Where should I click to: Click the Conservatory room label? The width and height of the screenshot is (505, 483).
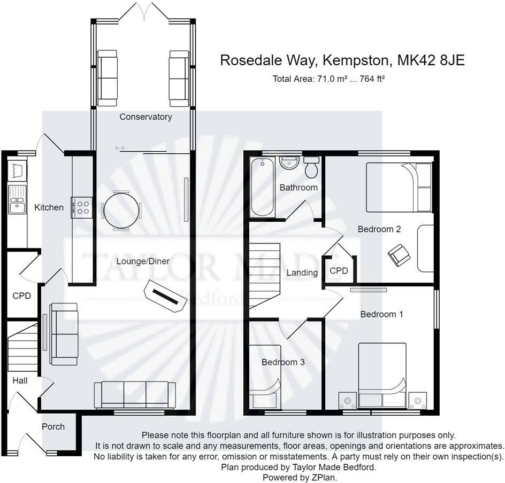tap(146, 116)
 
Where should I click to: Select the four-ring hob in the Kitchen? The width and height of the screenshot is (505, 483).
tap(83, 207)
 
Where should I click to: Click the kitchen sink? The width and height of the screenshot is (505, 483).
tap(17, 205)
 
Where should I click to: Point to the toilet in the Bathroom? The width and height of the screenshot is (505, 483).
tap(311, 168)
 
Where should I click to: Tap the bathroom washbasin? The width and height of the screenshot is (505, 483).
tap(289, 163)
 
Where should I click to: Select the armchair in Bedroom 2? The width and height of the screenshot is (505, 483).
tap(399, 254)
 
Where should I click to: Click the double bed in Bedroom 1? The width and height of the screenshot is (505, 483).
tap(382, 376)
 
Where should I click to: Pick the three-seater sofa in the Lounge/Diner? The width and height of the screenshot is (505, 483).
tap(135, 395)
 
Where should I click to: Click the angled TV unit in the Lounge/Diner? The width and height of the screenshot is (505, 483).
tap(163, 295)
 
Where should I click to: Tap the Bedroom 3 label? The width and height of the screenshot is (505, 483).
tap(283, 362)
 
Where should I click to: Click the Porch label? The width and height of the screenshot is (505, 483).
tap(53, 426)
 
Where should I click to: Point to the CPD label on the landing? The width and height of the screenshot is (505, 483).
tap(339, 271)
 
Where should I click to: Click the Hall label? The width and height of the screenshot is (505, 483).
tap(20, 380)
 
